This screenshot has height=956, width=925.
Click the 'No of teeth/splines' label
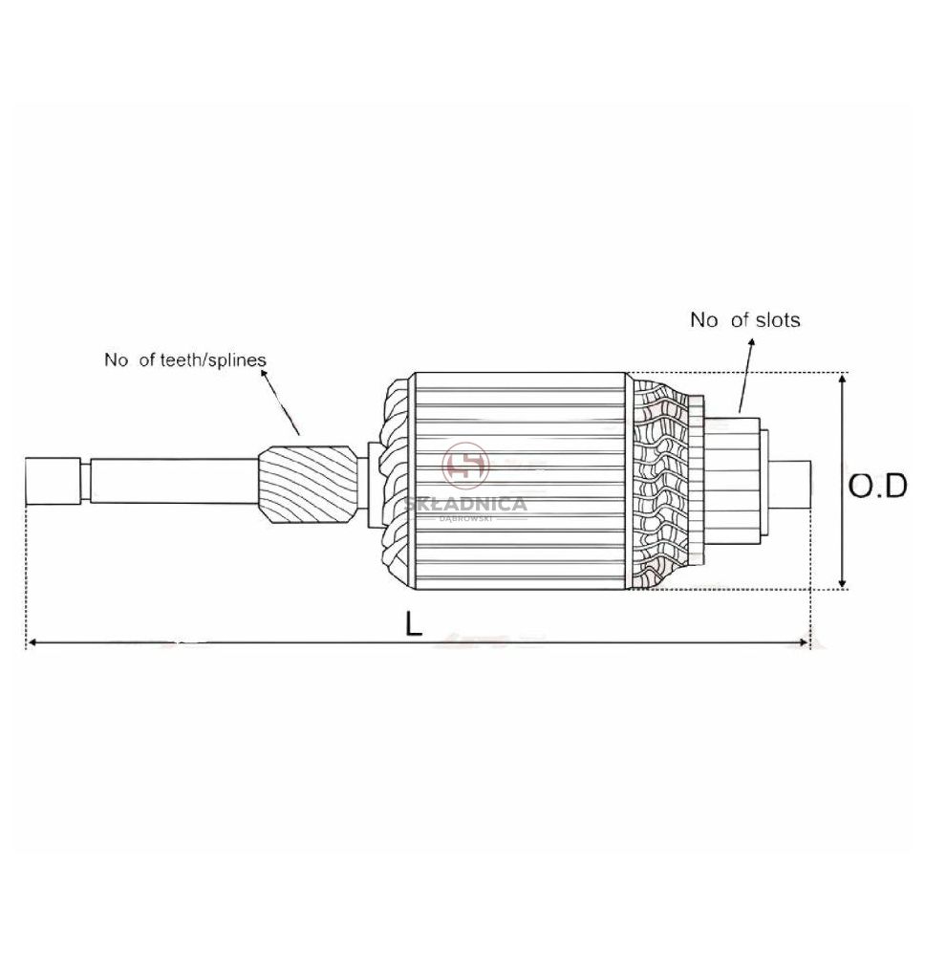pyautogui.click(x=185, y=359)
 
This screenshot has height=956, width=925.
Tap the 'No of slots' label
pyautogui.click(x=744, y=319)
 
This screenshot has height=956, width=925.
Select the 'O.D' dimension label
pyautogui.click(x=878, y=486)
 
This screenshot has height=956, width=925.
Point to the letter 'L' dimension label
pyautogui.click(x=414, y=623)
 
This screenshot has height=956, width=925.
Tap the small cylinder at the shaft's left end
pyautogui.click(x=53, y=481)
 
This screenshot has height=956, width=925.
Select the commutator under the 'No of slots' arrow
pyautogui.click(x=731, y=481)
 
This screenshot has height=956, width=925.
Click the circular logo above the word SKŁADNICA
pyautogui.click(x=465, y=467)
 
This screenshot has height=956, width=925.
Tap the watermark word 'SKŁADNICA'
pyautogui.click(x=465, y=504)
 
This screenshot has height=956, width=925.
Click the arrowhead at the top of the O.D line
pyautogui.click(x=843, y=379)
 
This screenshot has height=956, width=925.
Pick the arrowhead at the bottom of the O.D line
pyautogui.click(x=843, y=583)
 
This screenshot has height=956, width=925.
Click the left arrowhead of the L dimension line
pyautogui.click(x=33, y=642)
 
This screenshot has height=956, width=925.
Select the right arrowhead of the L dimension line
pyautogui.click(x=803, y=642)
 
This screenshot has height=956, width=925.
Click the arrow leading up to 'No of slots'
pyautogui.click(x=746, y=376)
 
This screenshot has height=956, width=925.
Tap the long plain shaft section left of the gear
pyautogui.click(x=174, y=481)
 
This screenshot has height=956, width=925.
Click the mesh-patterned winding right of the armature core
pyautogui.click(x=659, y=481)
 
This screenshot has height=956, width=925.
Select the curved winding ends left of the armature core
pyautogui.click(x=395, y=481)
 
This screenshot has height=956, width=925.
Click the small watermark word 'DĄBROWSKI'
pyautogui.click(x=465, y=519)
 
